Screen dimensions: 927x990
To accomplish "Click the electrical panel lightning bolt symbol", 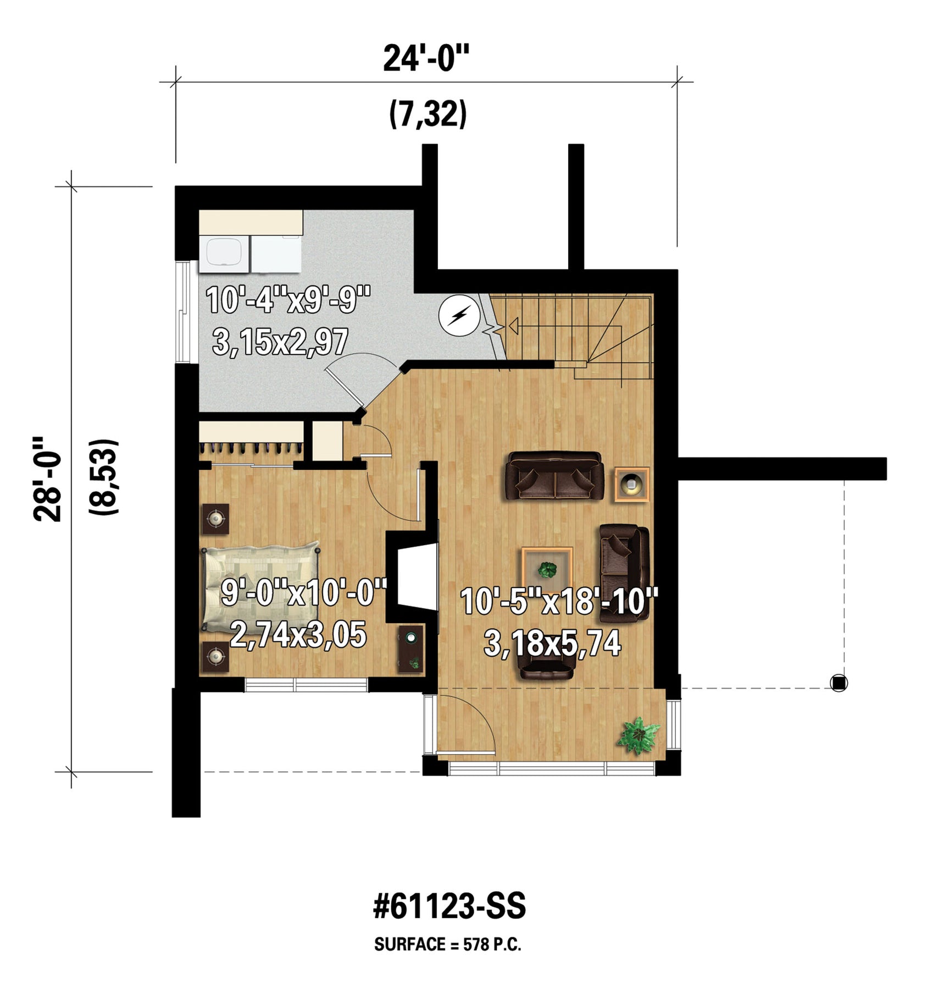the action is (x=459, y=316).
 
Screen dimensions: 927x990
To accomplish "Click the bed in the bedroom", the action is (x=261, y=588).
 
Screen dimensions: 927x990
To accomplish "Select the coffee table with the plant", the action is (x=547, y=570).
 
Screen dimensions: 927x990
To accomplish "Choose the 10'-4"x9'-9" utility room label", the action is (x=288, y=300).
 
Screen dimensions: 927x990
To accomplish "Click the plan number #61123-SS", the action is (x=449, y=906).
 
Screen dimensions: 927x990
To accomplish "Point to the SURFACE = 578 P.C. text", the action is (x=448, y=945).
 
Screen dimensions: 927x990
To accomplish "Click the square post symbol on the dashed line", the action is (x=839, y=683).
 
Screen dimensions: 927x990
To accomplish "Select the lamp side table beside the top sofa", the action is (x=632, y=484).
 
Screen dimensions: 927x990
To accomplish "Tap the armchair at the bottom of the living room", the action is (x=546, y=666).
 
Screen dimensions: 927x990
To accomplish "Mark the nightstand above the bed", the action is (x=215, y=519).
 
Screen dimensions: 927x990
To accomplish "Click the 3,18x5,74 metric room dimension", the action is (x=552, y=642).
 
